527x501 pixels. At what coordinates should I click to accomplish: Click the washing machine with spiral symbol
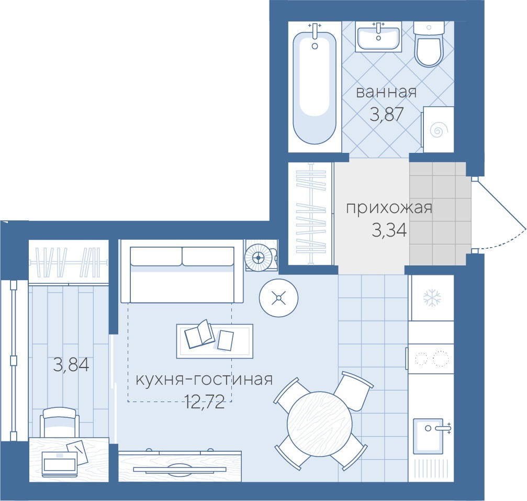[x=438, y=129]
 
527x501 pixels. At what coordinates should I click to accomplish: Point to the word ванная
[x=386, y=92]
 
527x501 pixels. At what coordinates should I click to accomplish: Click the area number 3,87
[x=386, y=114]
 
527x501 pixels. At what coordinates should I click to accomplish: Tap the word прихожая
[x=389, y=208]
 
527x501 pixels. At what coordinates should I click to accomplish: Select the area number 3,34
[x=389, y=230]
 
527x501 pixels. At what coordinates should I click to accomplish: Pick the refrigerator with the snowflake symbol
[x=431, y=298]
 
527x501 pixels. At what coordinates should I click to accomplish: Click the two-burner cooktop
[x=431, y=359]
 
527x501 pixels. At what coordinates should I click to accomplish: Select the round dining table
[x=320, y=424]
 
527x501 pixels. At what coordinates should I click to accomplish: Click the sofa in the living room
[x=182, y=271]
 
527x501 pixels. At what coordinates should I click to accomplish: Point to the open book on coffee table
[x=199, y=334]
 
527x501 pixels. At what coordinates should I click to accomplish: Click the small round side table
[x=278, y=297]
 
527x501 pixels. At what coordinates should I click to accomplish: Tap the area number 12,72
[x=204, y=402]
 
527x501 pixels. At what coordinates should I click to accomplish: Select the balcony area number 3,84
[x=71, y=364]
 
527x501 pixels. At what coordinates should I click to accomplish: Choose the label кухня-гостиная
[x=204, y=380]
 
